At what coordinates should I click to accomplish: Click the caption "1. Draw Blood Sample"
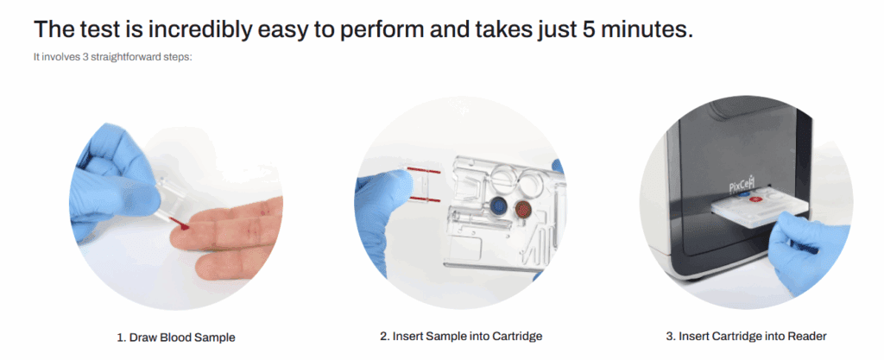coord(176,336)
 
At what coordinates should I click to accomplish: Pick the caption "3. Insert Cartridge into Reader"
coord(751,336)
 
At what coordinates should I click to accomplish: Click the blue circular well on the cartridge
coord(497,206)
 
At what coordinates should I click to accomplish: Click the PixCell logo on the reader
coord(741,187)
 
